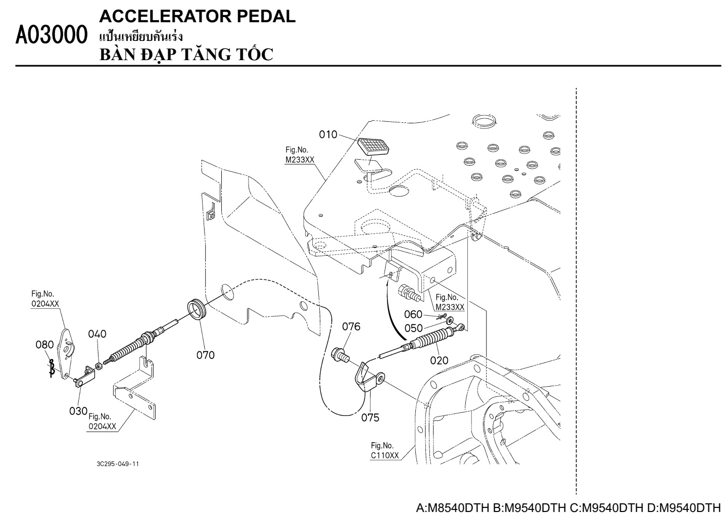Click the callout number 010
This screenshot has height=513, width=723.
coord(328,134)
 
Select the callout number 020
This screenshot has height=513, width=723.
coord(439,360)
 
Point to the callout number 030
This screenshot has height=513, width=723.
coord(78,411)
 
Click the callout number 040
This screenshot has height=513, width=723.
coord(97,334)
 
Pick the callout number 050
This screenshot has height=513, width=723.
coord(413,328)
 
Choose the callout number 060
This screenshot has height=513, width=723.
coord(413,315)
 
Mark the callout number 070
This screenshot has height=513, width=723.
coord(206,355)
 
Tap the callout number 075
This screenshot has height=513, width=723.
coord(370,417)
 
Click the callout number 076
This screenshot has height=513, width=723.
coord(351,327)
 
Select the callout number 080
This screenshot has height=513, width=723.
coord(44,345)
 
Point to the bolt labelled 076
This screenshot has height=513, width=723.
coord(340,354)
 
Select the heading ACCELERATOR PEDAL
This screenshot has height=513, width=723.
coord(198,17)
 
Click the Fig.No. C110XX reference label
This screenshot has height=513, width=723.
coord(384,450)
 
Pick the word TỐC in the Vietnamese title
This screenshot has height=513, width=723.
coord(253,54)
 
